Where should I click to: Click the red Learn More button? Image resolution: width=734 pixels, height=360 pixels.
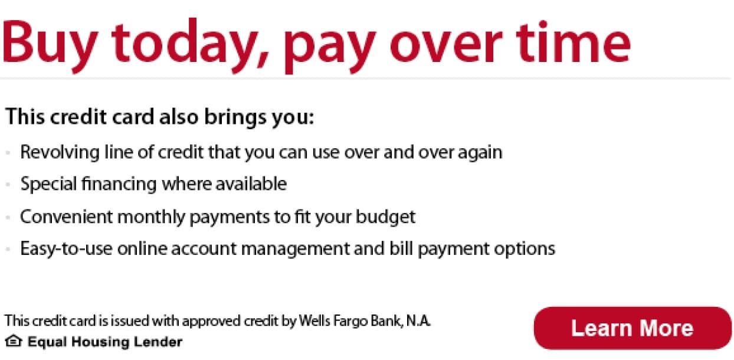[633, 328]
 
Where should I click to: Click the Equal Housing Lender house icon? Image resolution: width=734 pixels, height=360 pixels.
[14, 341]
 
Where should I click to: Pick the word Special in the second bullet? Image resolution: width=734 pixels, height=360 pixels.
[48, 184]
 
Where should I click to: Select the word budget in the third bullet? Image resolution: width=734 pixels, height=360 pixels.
[386, 217]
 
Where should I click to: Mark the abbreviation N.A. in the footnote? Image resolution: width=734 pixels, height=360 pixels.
[418, 320]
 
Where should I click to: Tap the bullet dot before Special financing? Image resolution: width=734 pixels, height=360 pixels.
[8, 185]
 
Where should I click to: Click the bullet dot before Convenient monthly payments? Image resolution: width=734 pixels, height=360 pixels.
[8, 217]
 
